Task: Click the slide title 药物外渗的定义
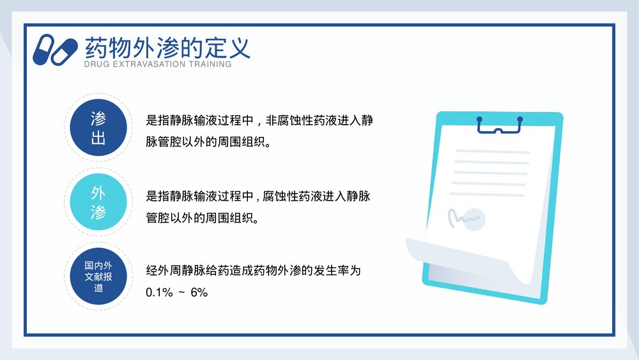(167, 47)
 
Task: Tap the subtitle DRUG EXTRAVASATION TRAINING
(158, 64)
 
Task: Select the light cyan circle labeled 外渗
(98, 203)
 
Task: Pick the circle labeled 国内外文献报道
(98, 276)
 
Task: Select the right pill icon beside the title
(66, 51)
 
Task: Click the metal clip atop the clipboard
(499, 125)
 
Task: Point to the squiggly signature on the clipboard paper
(461, 217)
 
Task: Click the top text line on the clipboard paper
(492, 152)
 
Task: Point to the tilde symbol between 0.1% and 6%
(181, 292)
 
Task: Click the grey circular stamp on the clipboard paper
(475, 219)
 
